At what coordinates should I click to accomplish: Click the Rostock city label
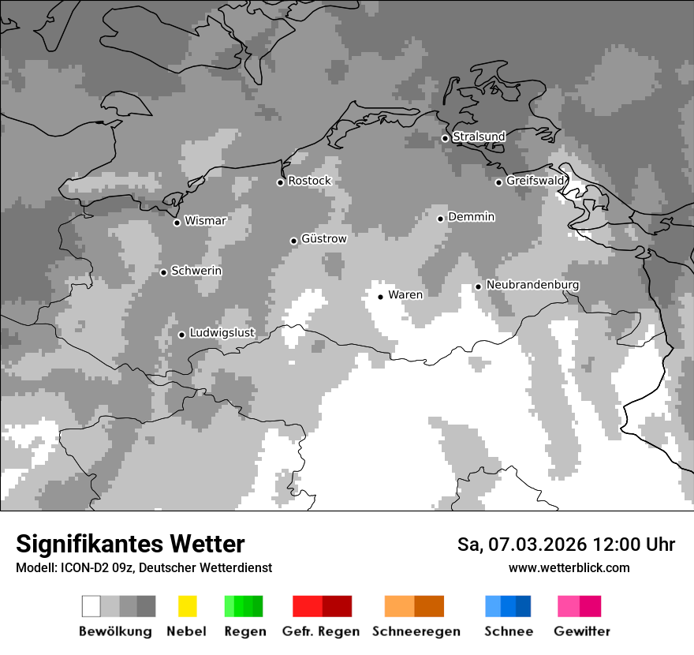point(309,181)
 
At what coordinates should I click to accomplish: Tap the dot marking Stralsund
point(445,138)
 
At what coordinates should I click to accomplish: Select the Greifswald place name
point(535,181)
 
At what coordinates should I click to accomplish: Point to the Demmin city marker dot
point(440,219)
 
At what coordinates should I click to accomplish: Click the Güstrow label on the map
point(324,238)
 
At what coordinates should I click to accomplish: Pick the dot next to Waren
point(380,297)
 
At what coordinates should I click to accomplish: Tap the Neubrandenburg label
point(532,285)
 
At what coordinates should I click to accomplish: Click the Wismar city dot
point(177,223)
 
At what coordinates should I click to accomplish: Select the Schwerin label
point(196,271)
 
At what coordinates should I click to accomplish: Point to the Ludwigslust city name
point(222,333)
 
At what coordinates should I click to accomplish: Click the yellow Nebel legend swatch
point(187,606)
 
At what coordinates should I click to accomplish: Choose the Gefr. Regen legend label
point(320,631)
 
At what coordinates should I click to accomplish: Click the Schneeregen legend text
point(416,631)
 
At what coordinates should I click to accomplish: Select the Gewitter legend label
point(581,631)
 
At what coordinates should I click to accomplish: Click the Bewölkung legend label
point(115,631)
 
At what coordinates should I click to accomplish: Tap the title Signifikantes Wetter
point(130,544)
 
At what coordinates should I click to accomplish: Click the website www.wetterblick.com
point(569,567)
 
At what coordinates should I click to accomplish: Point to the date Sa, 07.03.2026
point(522,545)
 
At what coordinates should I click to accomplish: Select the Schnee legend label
point(508,631)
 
